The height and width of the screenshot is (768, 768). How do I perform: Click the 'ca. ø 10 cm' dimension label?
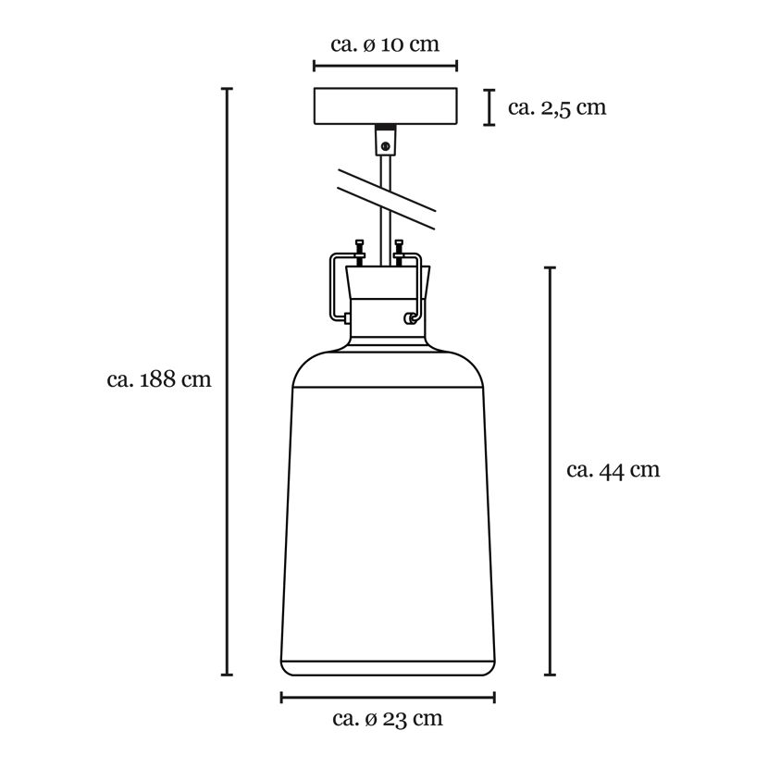click(385, 44)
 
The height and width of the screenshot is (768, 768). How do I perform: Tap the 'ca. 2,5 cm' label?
click(557, 107)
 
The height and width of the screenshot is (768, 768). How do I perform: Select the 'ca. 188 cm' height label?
click(159, 379)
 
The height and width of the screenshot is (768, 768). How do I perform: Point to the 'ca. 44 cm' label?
click(613, 470)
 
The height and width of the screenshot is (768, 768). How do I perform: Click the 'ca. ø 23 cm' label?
click(388, 719)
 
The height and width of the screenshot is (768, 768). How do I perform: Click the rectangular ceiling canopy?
click(386, 106)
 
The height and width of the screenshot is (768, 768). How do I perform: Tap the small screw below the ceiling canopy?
click(385, 145)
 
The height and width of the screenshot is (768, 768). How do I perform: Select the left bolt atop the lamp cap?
click(360, 253)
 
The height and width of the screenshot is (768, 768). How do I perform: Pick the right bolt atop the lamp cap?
click(399, 253)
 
